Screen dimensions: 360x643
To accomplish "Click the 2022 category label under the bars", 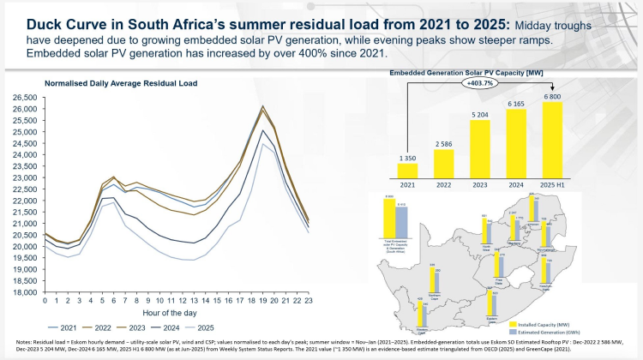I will click(442, 186).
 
